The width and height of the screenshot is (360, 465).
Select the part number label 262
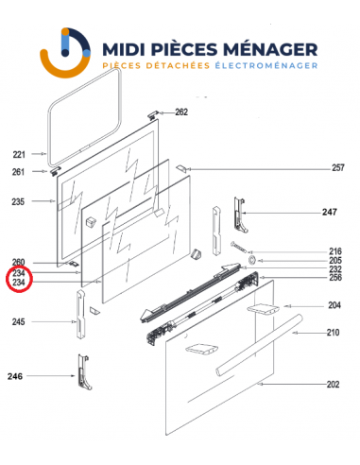click(181, 112)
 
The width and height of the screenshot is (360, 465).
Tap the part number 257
click(337, 168)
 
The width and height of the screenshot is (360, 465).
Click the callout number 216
click(334, 250)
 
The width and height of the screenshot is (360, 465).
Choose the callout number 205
click(334, 260)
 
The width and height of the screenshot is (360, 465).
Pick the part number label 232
click(334, 269)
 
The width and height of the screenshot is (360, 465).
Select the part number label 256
click(334, 278)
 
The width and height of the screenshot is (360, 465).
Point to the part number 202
click(333, 385)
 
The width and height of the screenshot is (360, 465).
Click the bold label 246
click(18, 376)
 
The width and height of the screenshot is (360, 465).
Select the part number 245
click(18, 322)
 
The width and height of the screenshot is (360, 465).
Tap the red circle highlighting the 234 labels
click(18, 277)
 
